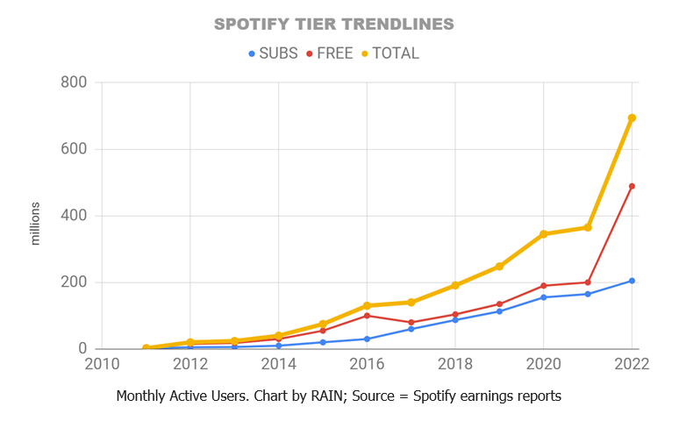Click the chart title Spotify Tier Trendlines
(334, 24)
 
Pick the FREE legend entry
(329, 54)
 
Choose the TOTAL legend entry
(390, 54)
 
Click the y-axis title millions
(36, 223)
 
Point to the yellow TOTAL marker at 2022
(632, 118)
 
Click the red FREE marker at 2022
(632, 186)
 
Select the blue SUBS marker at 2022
(632, 281)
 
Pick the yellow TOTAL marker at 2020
(543, 234)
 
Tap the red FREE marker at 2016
(367, 316)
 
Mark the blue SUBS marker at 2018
(455, 320)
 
